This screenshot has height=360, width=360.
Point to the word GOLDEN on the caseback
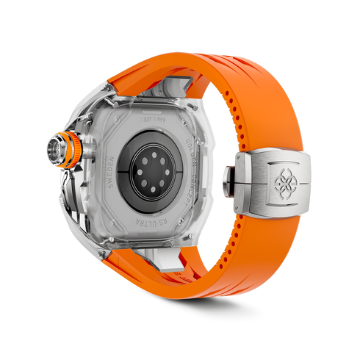(x=187, y=135)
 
